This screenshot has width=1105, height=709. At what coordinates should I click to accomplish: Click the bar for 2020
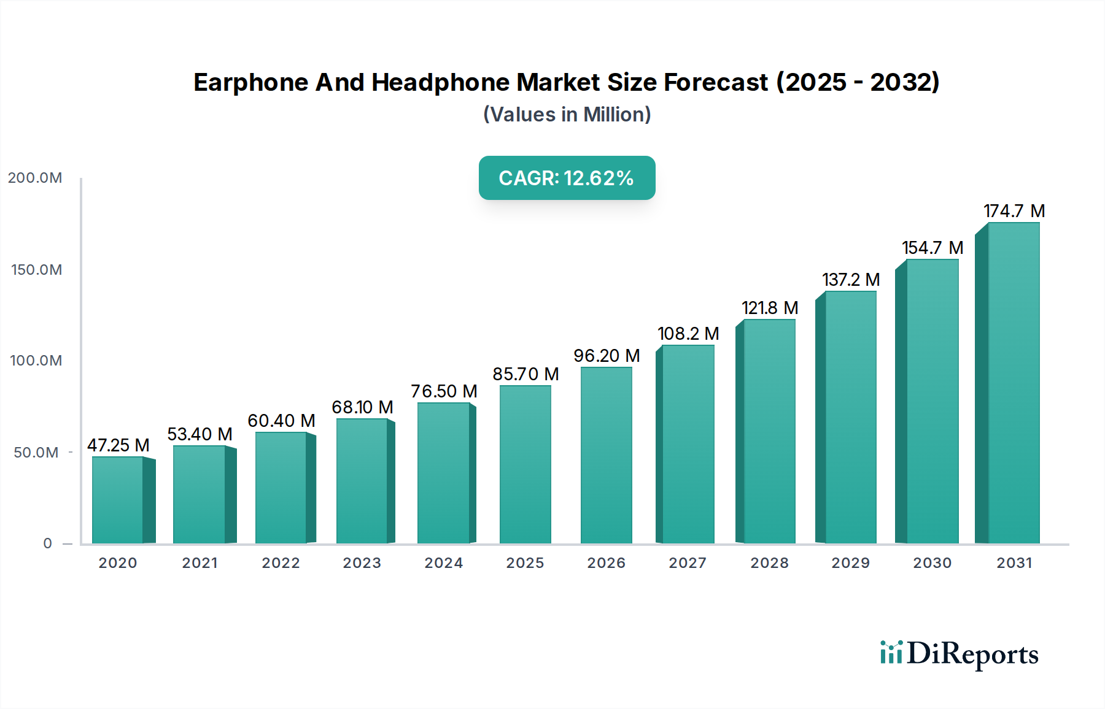click(x=118, y=500)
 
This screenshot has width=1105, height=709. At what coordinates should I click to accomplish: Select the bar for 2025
click(x=525, y=464)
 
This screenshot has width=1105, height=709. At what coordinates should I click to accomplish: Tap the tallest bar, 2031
click(x=1013, y=383)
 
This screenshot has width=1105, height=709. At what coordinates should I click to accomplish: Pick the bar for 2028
click(x=769, y=431)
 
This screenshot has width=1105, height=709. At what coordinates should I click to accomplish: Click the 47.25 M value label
click(x=118, y=445)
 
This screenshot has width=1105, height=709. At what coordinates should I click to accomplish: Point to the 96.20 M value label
click(x=607, y=356)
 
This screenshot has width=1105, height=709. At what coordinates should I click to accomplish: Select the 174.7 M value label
click(x=1014, y=211)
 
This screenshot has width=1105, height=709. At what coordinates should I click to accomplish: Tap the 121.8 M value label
click(x=769, y=308)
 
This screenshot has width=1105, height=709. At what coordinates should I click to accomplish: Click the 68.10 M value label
click(x=362, y=407)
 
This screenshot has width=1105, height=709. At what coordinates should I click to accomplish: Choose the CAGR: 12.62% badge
click(x=567, y=178)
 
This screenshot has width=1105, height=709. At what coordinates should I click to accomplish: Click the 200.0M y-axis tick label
click(x=35, y=178)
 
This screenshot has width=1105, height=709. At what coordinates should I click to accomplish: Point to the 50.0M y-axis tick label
click(x=36, y=453)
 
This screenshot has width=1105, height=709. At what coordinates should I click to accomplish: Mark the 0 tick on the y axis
click(x=47, y=543)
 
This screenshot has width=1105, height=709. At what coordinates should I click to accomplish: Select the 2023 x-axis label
click(x=362, y=563)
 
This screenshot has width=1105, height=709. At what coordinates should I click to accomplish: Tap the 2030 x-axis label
click(x=932, y=563)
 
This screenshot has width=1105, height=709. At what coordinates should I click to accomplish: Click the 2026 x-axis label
click(x=606, y=563)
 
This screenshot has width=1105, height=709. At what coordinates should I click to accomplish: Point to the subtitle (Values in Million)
click(x=567, y=115)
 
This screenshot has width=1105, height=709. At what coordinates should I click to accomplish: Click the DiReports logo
click(x=959, y=654)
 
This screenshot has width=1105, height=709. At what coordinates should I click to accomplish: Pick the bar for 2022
click(x=281, y=488)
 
